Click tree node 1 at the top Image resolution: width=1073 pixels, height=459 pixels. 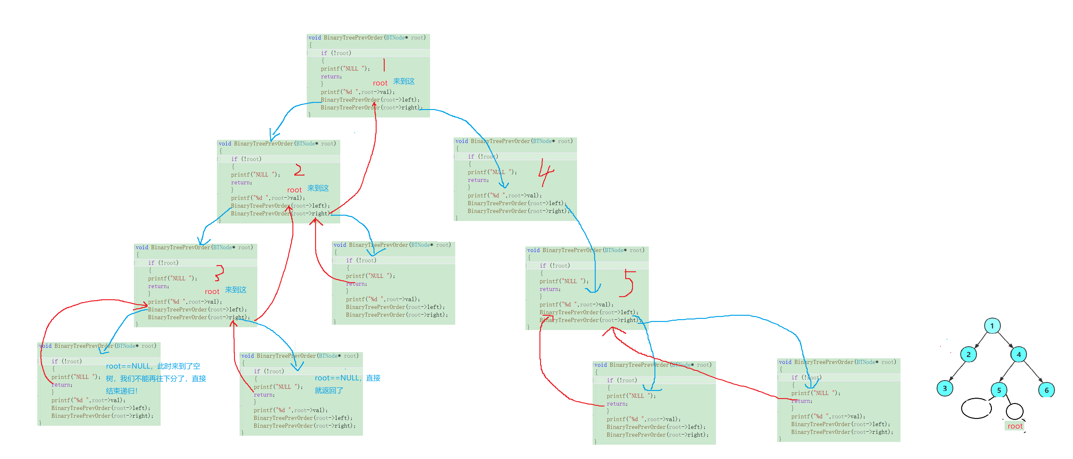coord(992,326)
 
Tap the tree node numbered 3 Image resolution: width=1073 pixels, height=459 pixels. coord(944,388)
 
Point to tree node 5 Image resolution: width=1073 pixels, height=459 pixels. coord(998,390)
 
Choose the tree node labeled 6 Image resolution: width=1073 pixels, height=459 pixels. coord(1046,390)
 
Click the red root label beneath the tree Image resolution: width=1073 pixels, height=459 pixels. coord(1015,426)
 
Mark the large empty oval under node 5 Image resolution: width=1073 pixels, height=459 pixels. coord(976,408)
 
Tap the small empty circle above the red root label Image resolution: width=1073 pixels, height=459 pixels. coord(1014,411)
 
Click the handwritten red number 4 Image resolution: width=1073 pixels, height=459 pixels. coord(546,172)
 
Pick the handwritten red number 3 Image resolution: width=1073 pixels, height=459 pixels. coord(219,273)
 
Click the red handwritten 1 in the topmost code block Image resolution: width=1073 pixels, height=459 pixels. coord(384,65)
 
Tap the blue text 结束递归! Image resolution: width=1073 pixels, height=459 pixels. coord(121,391)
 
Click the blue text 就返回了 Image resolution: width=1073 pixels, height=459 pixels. coord(329,390)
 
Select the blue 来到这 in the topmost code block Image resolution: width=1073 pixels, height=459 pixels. coord(404,81)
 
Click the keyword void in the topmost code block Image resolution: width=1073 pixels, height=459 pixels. coord(314,38)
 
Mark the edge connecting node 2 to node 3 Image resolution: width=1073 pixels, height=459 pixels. coord(957,371)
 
